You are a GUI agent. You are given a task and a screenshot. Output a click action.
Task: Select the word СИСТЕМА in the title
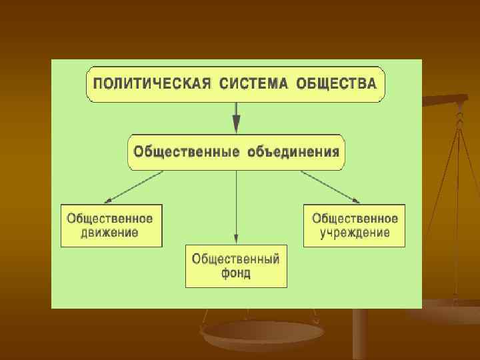tap(251, 85)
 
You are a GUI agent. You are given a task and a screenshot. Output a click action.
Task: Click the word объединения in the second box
tap(293, 151)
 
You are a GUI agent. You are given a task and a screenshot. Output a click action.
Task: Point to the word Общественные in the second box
tap(186, 151)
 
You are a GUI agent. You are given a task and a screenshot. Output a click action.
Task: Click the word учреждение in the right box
tap(355, 233)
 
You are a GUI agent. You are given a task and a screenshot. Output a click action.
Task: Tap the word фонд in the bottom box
tap(236, 274)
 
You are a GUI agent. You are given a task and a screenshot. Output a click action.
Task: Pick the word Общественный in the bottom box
tap(236, 259)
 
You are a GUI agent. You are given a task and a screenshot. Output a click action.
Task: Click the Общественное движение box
tap(111, 226)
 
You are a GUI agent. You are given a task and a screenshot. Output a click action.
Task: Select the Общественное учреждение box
tap(355, 226)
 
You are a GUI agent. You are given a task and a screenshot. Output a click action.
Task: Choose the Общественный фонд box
tap(236, 266)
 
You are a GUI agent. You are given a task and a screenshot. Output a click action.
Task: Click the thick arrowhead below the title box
tap(236, 124)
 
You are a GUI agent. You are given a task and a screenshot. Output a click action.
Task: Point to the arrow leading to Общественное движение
tap(133, 187)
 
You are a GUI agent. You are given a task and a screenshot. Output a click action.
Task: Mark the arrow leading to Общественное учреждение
tap(331, 187)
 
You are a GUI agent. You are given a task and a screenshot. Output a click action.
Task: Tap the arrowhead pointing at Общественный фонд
tap(236, 238)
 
